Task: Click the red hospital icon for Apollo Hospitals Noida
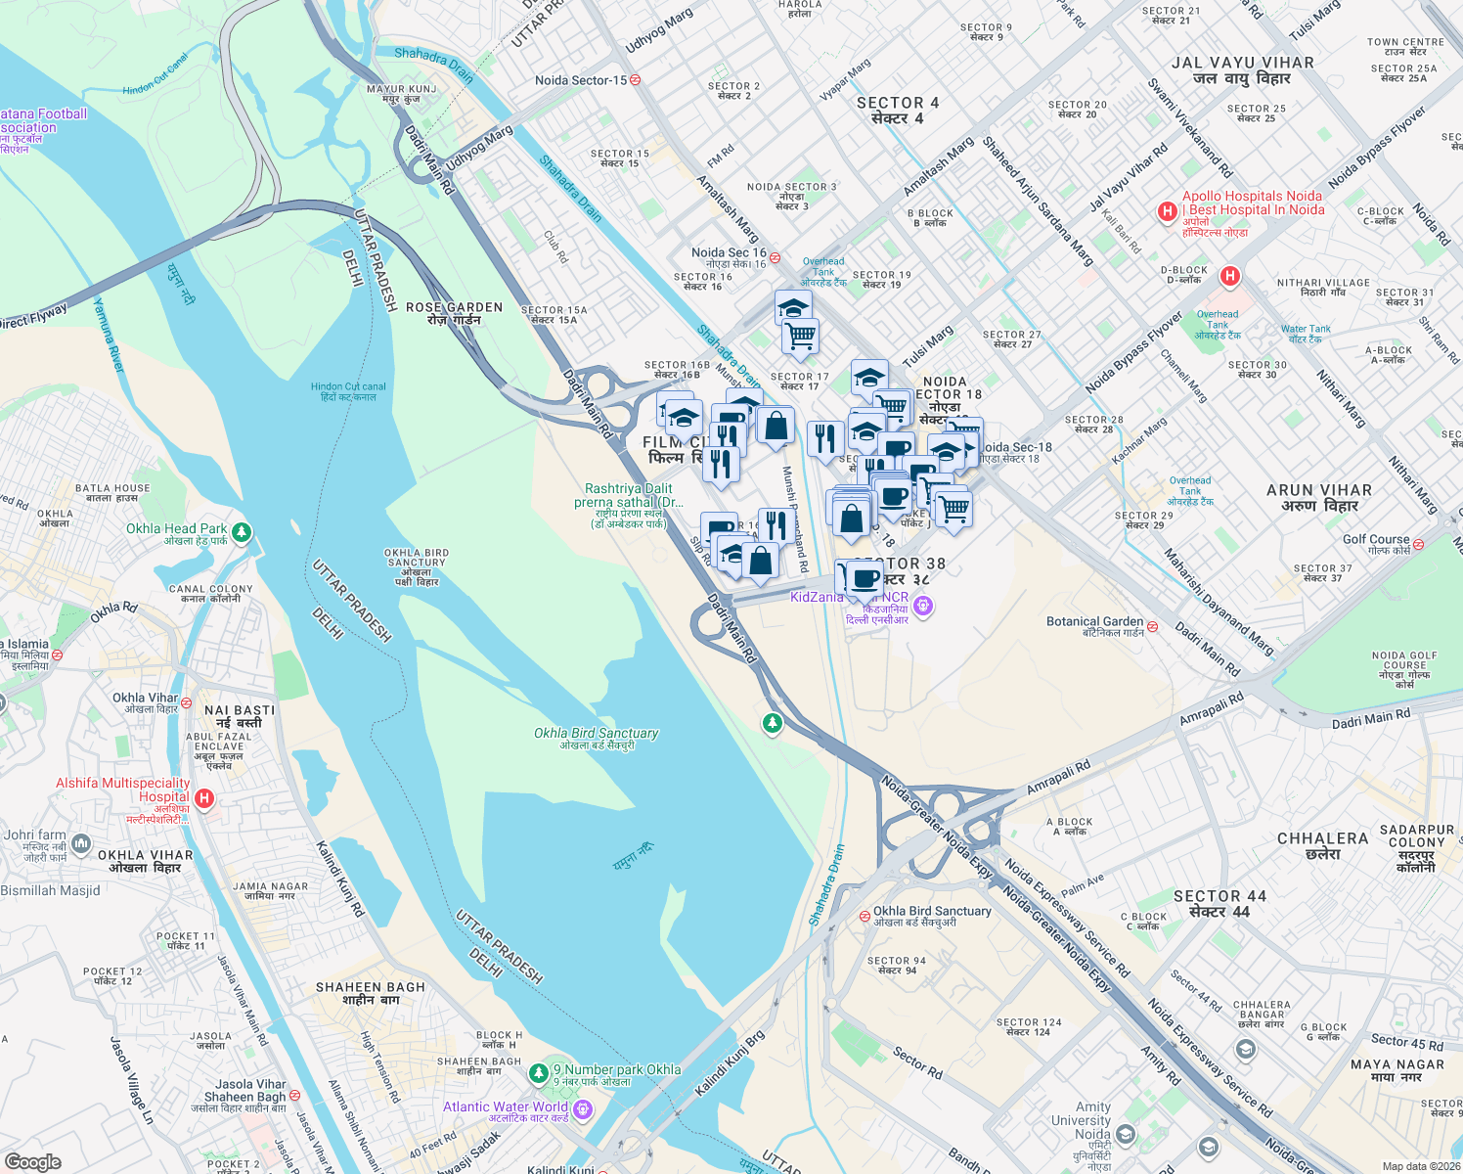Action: point(1166,211)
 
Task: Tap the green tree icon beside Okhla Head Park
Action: point(242,533)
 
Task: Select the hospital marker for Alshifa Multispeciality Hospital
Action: point(204,798)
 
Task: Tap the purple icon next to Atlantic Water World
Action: point(583,1108)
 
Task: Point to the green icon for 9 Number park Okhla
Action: point(538,1074)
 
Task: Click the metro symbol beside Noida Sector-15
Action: point(635,80)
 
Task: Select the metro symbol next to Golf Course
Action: point(1418,544)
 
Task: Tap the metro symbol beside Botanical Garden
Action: point(1152,626)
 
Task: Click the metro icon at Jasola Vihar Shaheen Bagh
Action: point(294,1096)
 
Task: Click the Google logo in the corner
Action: point(32,1161)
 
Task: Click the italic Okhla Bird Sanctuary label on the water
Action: point(596,733)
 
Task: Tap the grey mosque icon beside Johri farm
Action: point(81,842)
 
